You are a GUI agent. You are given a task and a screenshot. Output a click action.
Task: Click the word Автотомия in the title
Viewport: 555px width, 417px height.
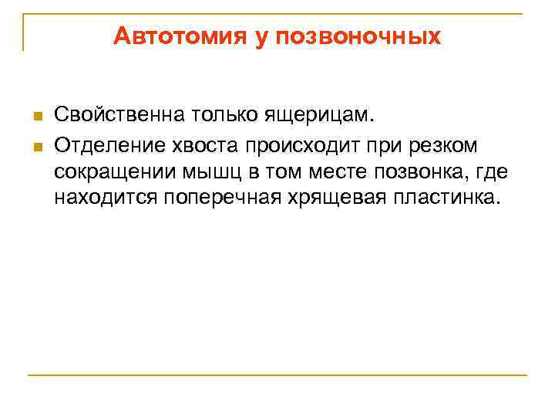[177, 37]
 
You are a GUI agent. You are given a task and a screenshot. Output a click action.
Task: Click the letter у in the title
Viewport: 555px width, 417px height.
[256, 37]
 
